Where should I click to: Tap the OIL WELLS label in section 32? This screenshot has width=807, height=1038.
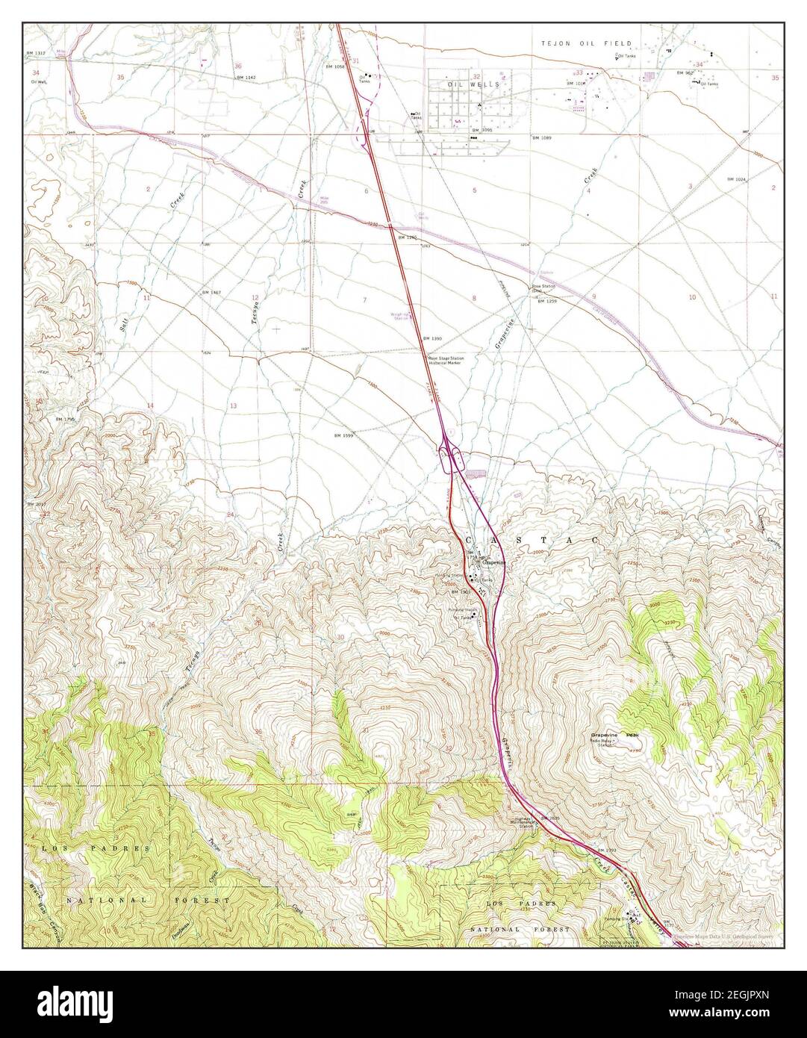point(463,85)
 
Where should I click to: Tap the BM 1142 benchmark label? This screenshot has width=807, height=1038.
point(246,78)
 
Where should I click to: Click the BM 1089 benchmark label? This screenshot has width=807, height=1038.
point(542,138)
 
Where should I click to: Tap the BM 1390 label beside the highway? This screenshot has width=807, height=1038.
point(432,338)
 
